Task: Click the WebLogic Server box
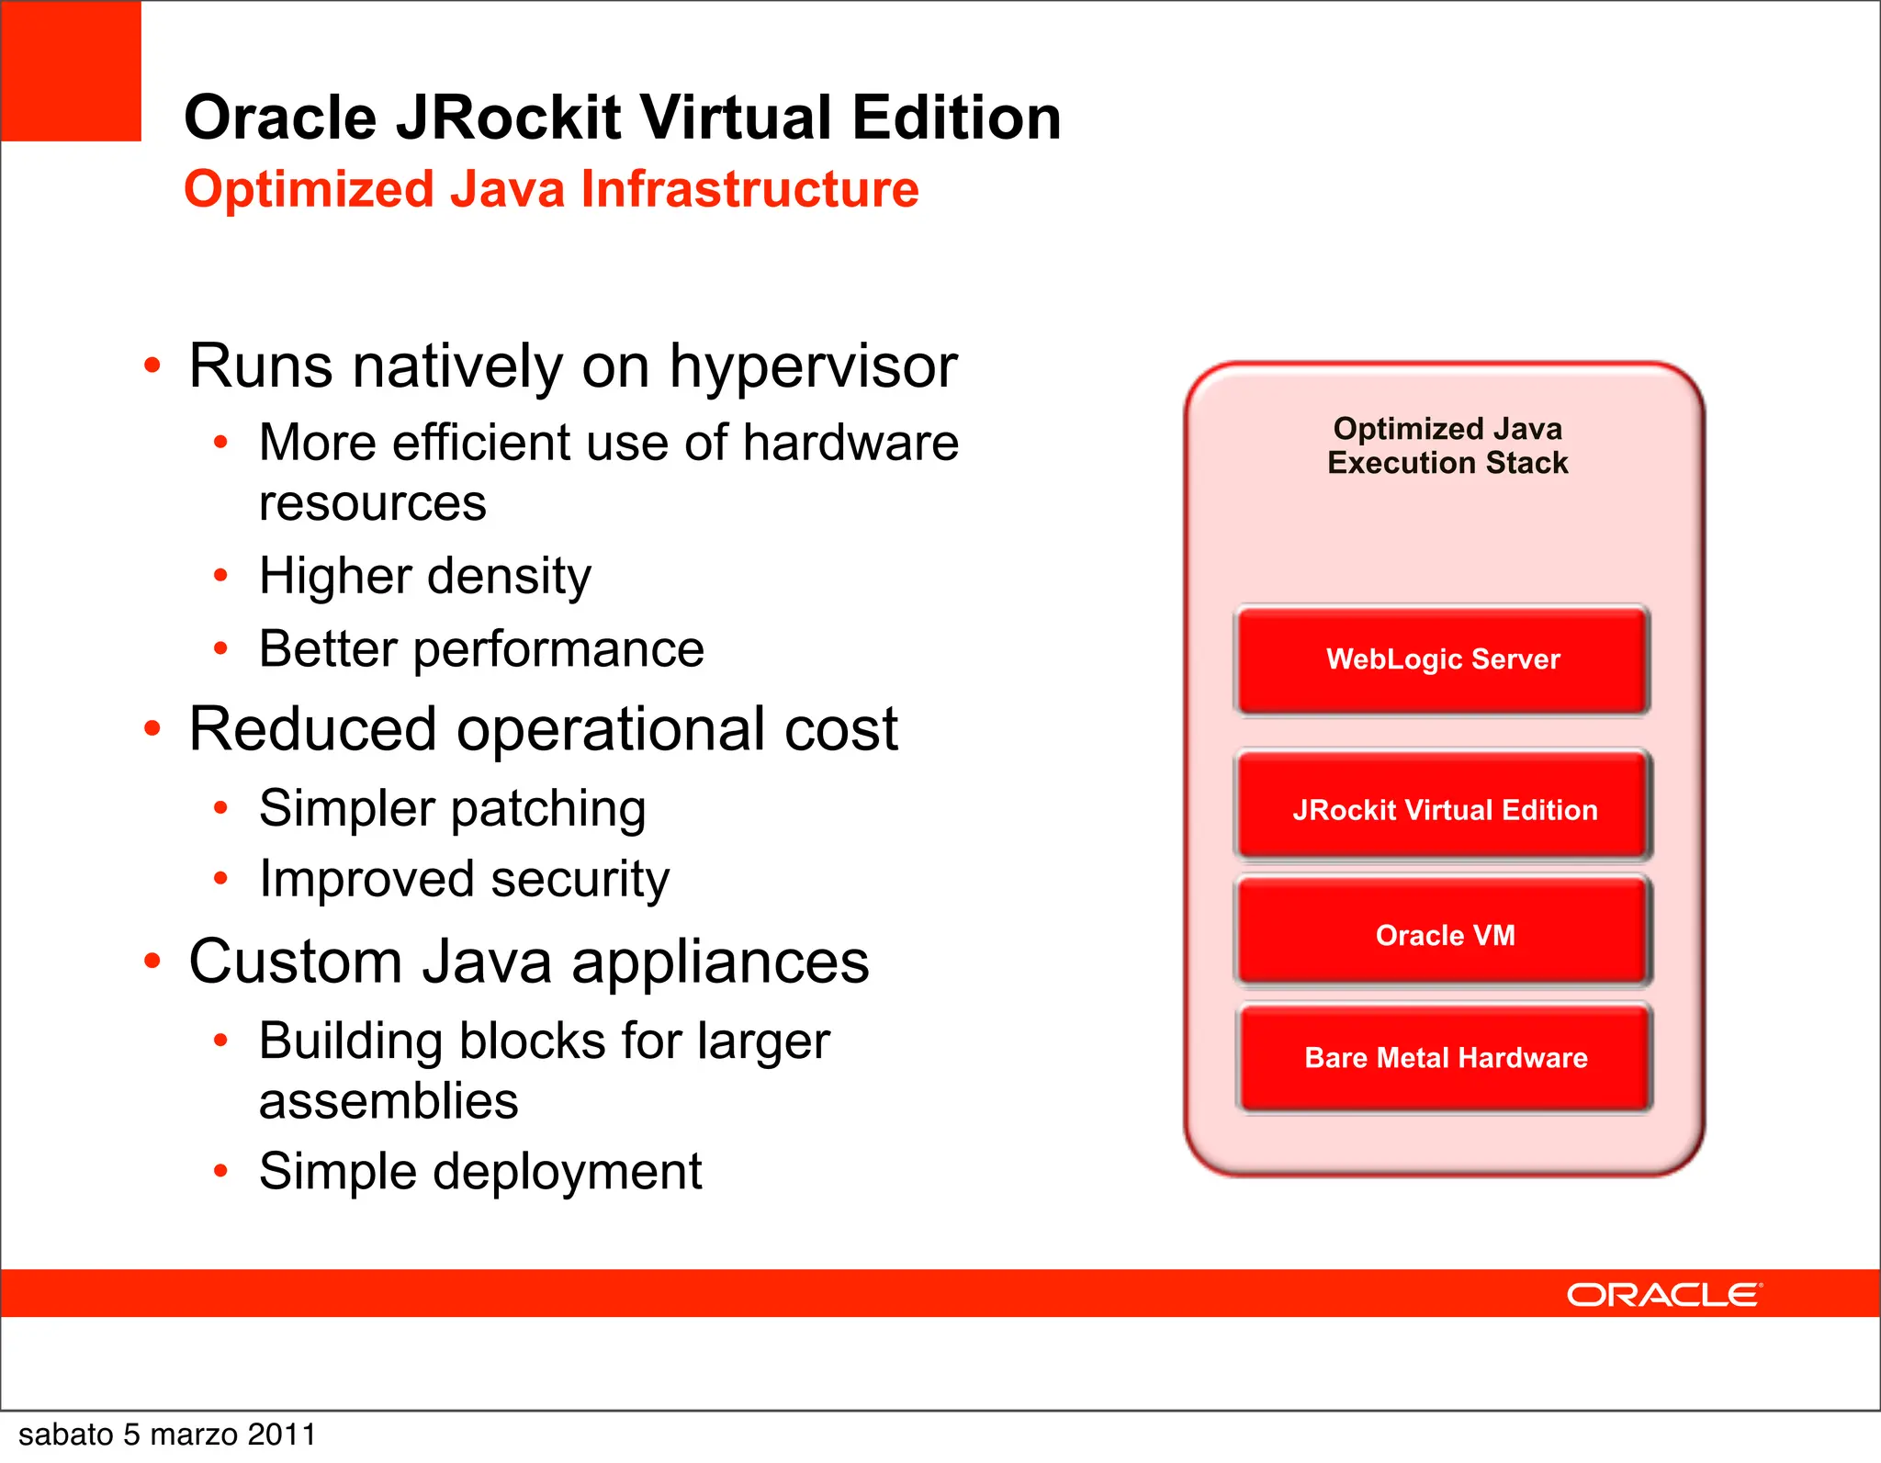tap(1442, 659)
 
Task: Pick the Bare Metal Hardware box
tap(1445, 1057)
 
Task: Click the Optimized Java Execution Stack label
tap(1447, 445)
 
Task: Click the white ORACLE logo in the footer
tap(1663, 1294)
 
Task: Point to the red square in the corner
tap(71, 71)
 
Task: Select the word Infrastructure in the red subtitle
tap(749, 189)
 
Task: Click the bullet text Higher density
tap(424, 577)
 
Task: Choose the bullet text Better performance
tap(481, 649)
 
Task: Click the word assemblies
tap(389, 1101)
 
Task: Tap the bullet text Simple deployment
tap(479, 1172)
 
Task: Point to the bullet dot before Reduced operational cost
tap(152, 729)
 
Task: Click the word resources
tap(372, 503)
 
